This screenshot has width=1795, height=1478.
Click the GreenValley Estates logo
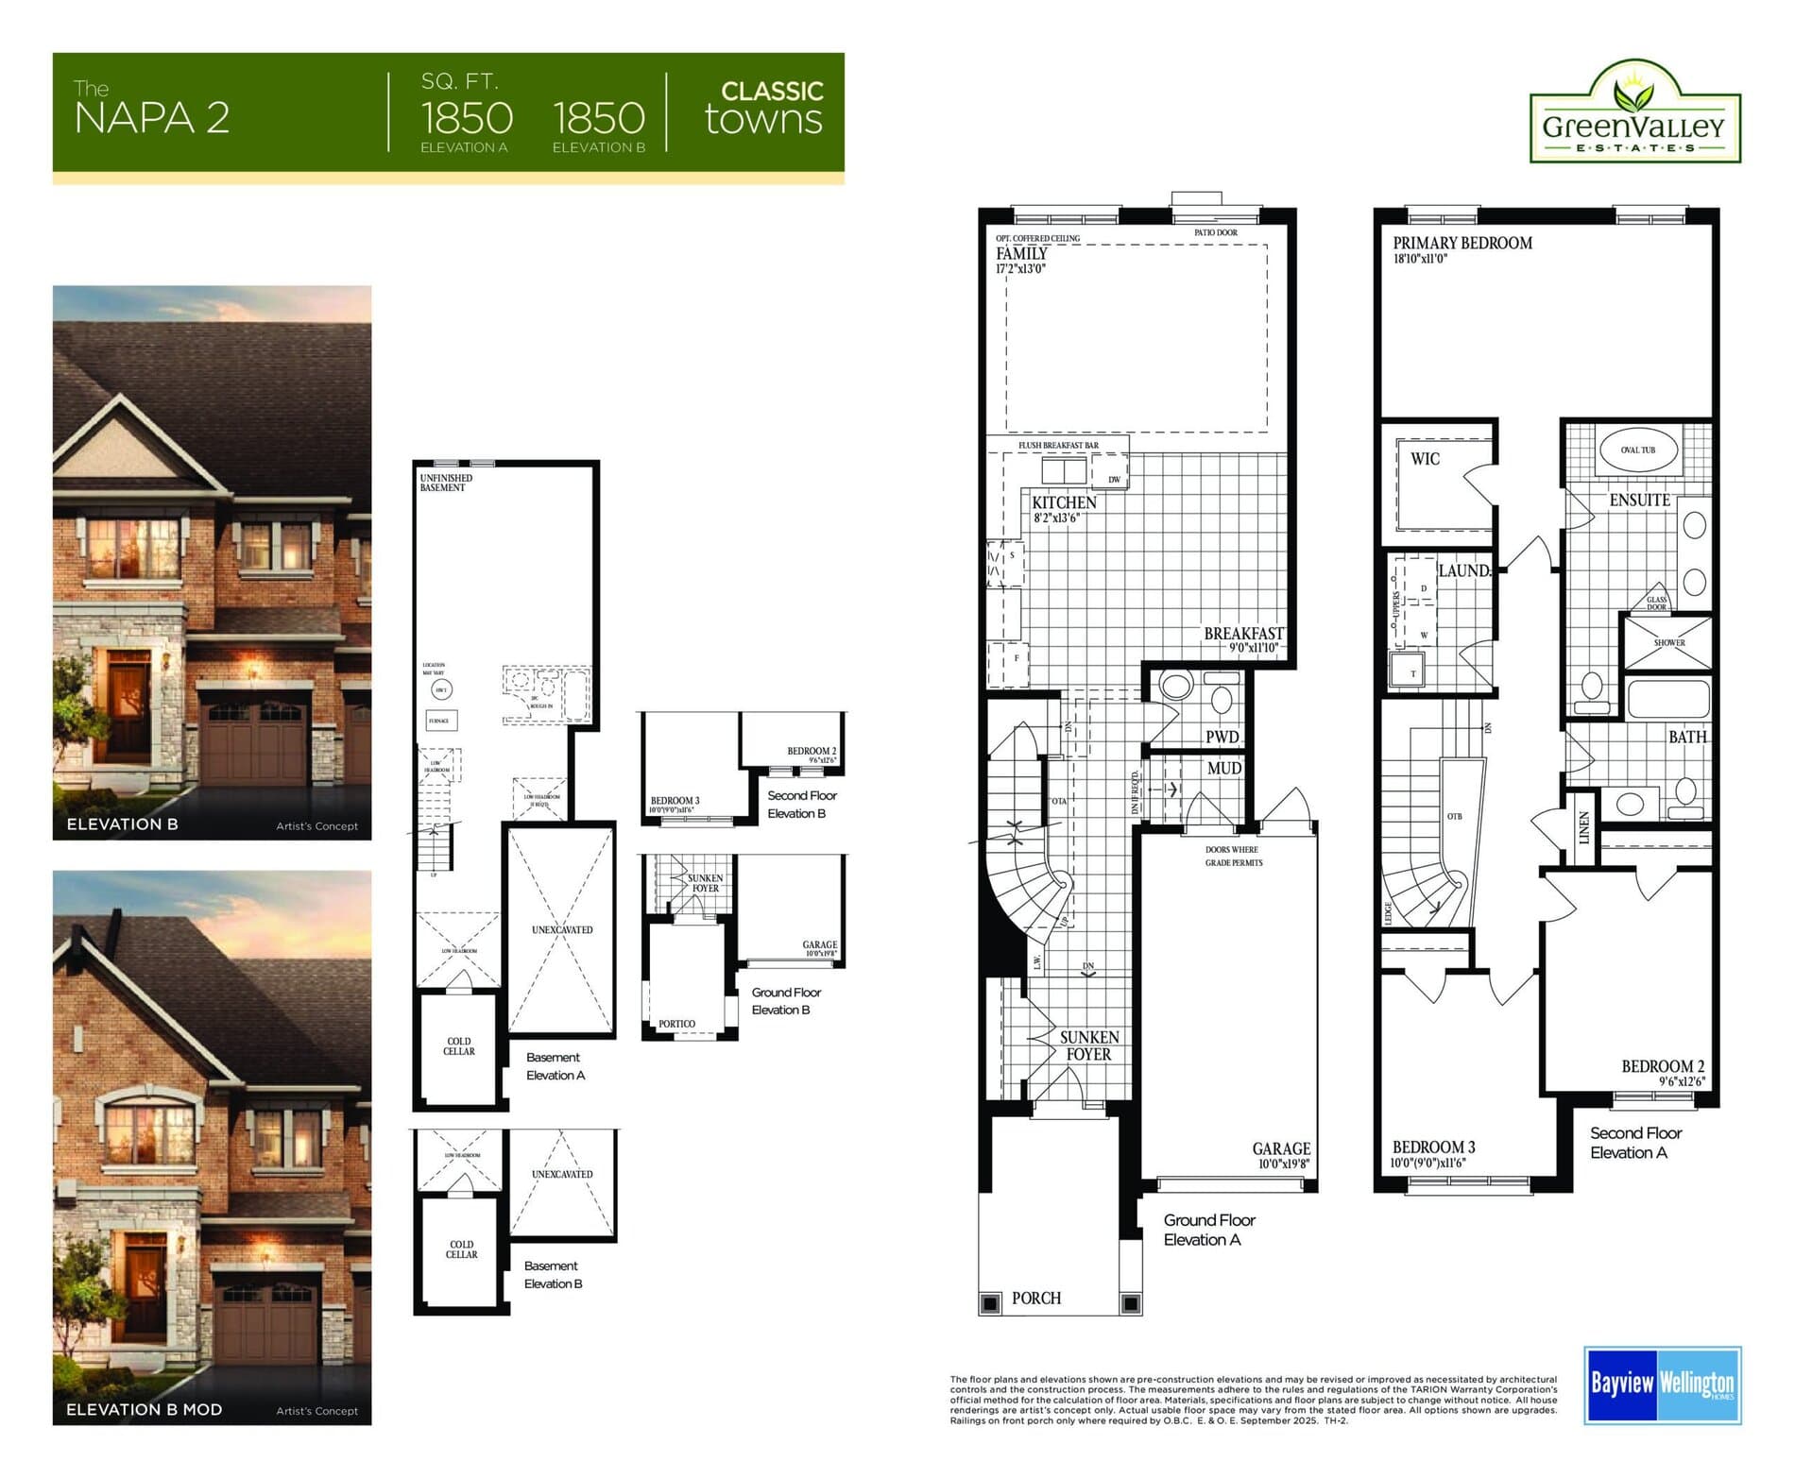click(1634, 114)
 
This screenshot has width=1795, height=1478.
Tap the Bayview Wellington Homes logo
click(1662, 1385)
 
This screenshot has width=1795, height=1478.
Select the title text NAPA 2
click(152, 118)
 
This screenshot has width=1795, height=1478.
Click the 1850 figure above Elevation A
click(467, 119)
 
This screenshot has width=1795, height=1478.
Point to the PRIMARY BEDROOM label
click(1462, 244)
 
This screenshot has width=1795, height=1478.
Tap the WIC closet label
click(1425, 459)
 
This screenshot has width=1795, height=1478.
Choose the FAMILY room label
click(1021, 254)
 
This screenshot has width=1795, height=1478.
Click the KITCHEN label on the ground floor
click(1064, 502)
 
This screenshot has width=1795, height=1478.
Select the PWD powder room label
click(1222, 737)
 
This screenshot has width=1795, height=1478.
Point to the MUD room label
click(1223, 769)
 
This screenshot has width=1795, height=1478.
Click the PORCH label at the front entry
click(1035, 1299)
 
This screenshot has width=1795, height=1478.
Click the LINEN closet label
click(1584, 827)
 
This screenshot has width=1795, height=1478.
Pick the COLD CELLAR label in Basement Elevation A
click(459, 1046)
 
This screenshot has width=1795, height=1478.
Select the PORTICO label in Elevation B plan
click(676, 1024)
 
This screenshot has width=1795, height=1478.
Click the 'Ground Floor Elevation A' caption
click(1208, 1230)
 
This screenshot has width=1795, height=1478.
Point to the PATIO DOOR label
click(1215, 232)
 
